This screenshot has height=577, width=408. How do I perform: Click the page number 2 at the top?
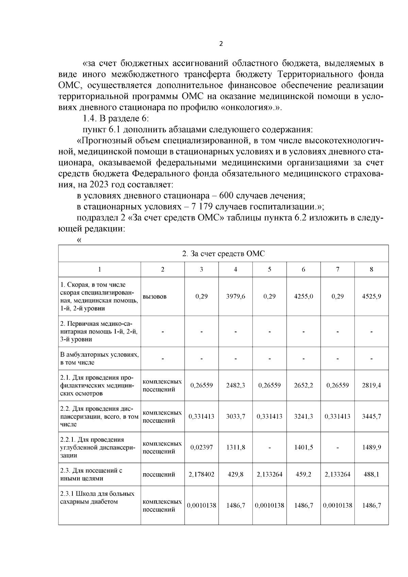pos(221,44)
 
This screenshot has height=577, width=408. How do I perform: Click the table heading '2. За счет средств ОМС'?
pos(223,254)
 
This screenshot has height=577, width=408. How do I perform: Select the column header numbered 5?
pos(269,269)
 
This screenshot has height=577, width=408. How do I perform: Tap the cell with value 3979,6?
pos(235,296)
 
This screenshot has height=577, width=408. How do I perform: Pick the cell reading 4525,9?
pos(371,296)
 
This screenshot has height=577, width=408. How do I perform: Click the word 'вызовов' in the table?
pos(155,296)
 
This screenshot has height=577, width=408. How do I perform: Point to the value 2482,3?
pos(235,385)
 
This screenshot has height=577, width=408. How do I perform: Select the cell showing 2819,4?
pos(371,385)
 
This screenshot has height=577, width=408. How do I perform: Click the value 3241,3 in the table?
pos(303,416)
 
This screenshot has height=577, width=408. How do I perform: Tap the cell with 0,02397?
pos(201,447)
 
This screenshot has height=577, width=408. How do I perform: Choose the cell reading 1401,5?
pos(303,447)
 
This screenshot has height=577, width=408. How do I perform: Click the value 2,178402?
pos(201,474)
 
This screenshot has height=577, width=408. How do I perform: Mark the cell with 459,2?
pos(303,474)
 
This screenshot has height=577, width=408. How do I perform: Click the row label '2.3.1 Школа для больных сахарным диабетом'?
pos(97,497)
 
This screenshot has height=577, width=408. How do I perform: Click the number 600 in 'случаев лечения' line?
pos(226,196)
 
